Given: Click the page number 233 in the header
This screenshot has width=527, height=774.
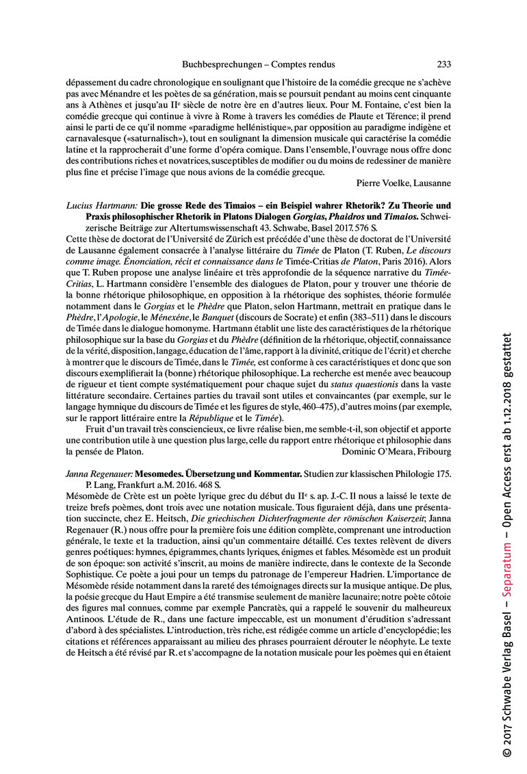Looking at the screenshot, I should [444, 64].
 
